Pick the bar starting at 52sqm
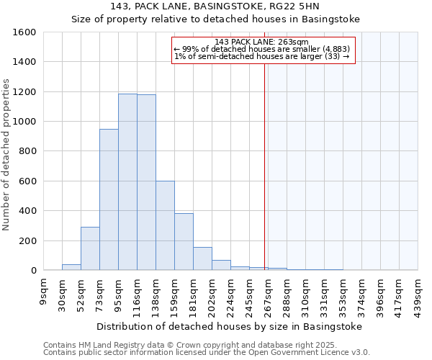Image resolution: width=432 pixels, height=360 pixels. coord(90,248)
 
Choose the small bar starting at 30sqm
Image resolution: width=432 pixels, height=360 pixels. coord(71,267)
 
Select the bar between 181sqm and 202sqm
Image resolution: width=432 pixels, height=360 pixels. coord(202,258)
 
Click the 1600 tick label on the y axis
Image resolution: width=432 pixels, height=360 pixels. coord(25,32)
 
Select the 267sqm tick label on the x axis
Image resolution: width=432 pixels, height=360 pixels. coord(268,294)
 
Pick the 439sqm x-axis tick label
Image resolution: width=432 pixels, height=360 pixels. coord(418,294)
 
